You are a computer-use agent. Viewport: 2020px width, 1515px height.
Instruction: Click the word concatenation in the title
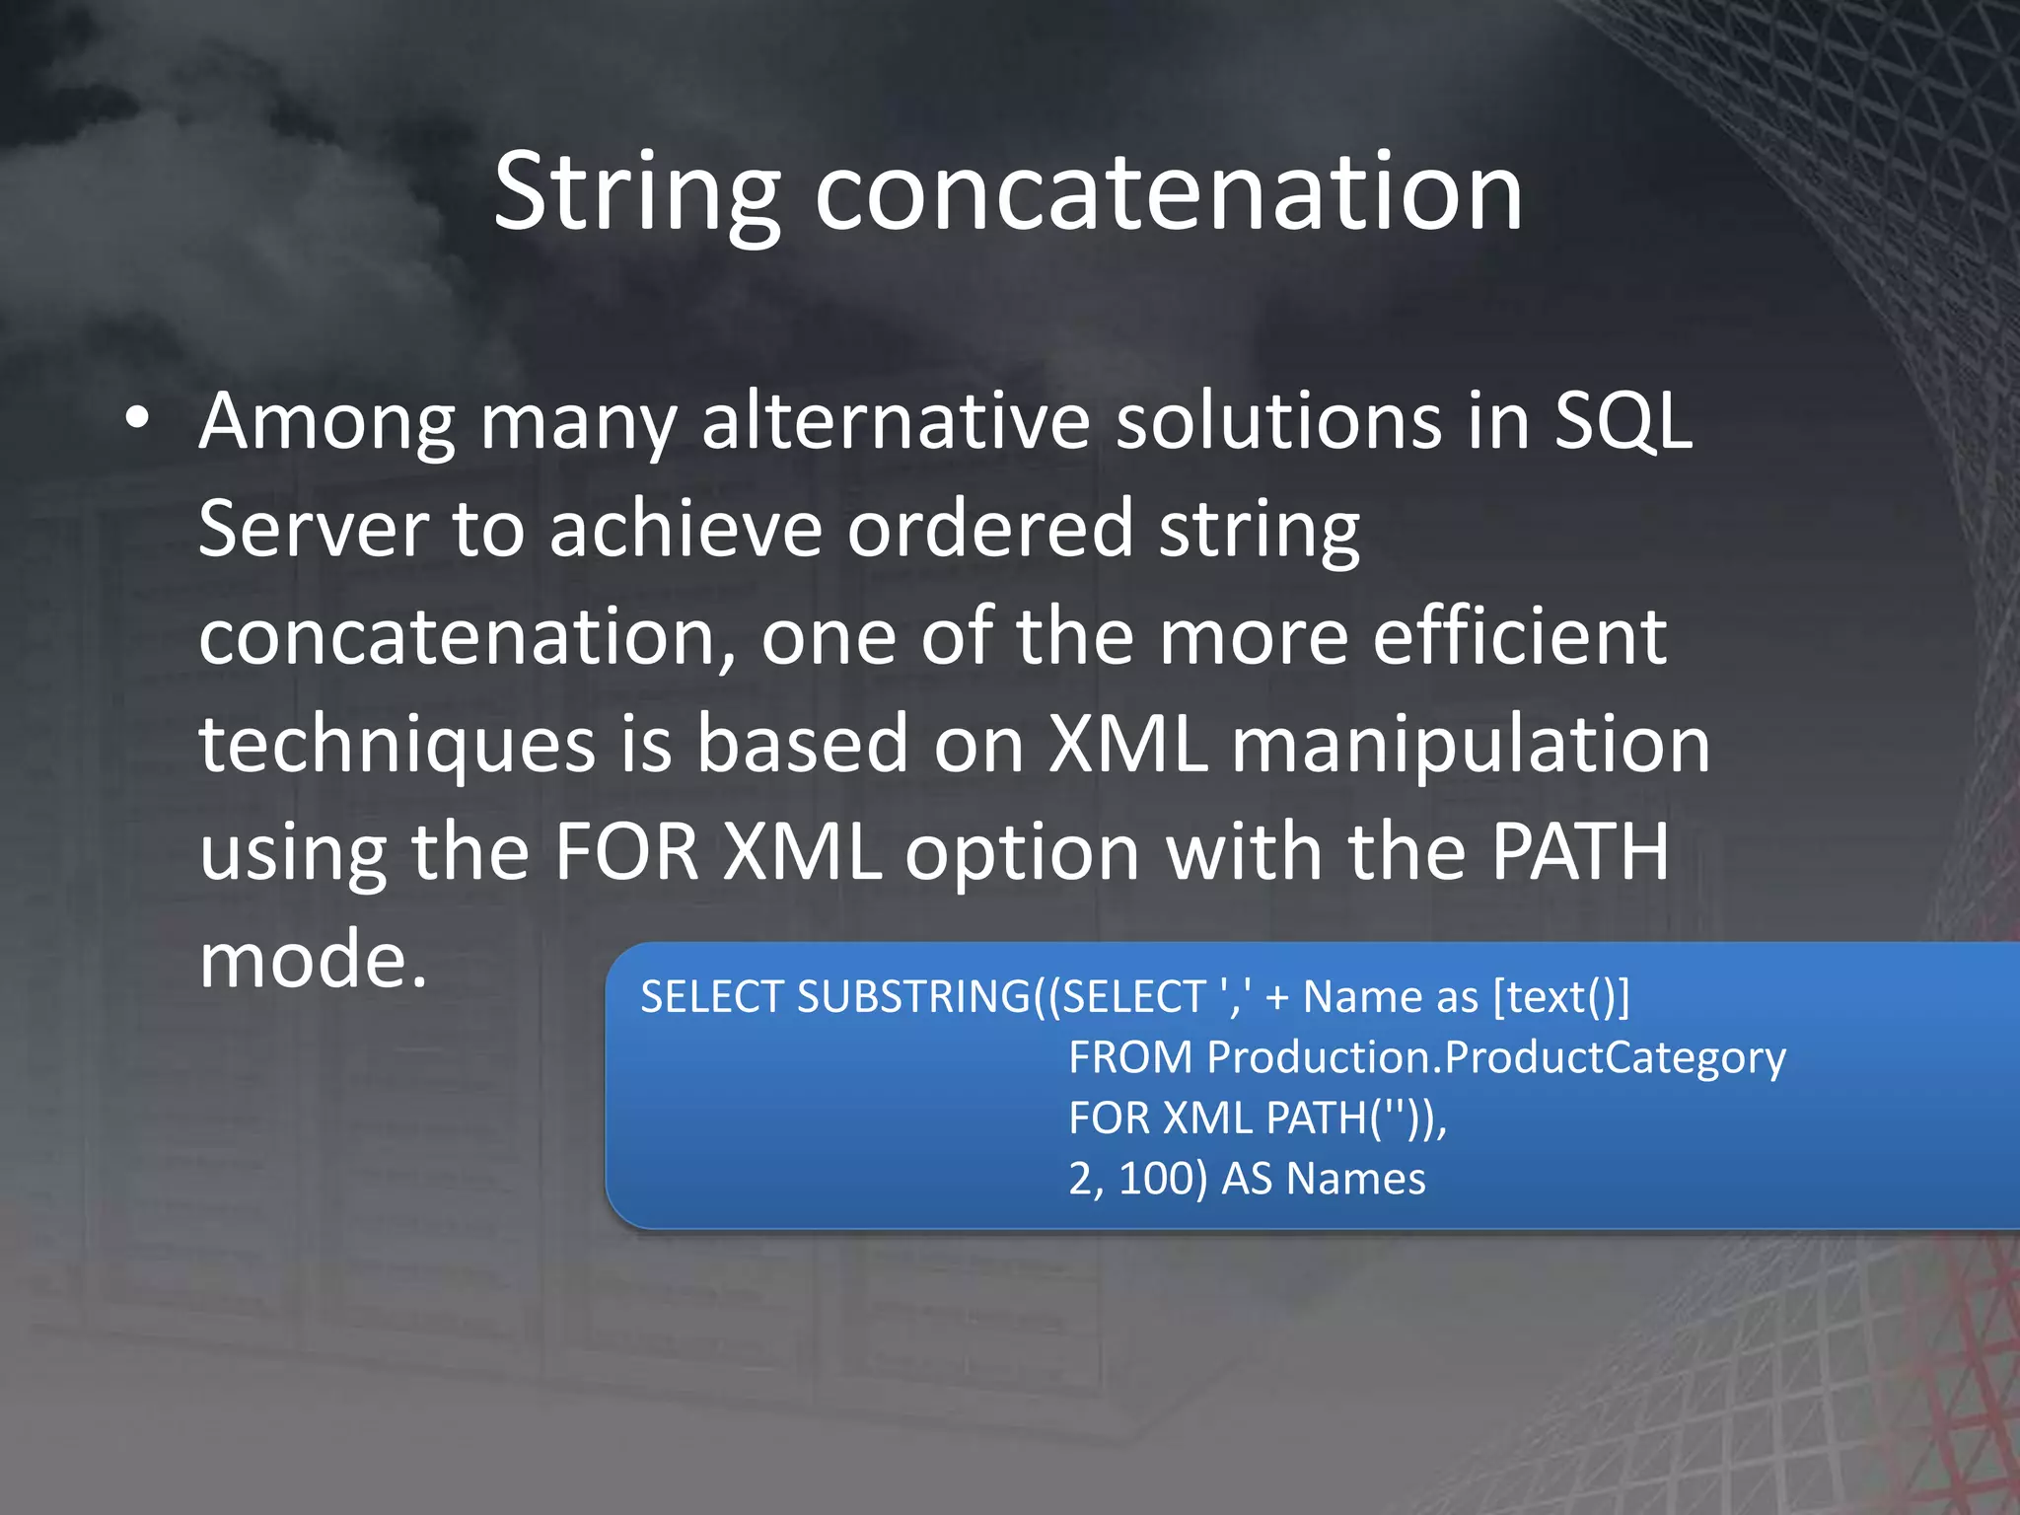(x=1169, y=192)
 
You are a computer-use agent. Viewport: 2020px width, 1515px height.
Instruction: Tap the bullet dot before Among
(x=138, y=419)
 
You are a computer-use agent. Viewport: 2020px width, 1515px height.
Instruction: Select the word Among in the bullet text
(x=326, y=422)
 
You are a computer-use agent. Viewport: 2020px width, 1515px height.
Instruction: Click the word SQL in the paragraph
(x=1623, y=422)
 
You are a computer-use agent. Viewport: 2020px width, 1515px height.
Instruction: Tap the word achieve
(x=685, y=530)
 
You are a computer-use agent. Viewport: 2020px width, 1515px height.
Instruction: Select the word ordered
(x=990, y=530)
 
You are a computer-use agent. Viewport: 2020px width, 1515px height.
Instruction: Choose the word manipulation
(x=1471, y=745)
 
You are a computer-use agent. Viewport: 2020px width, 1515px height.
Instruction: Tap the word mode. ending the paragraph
(x=314, y=961)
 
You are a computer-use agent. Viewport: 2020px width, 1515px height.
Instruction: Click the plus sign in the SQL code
(x=1277, y=997)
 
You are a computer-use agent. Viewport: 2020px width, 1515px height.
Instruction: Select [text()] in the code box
(x=1561, y=997)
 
